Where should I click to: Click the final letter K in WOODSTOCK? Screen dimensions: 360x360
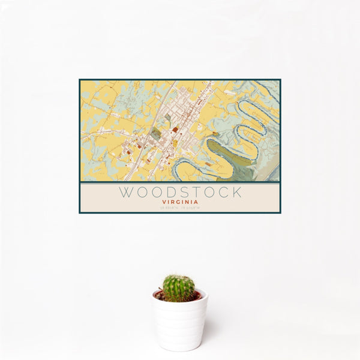coord(237,193)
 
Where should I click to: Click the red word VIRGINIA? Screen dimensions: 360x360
coord(180,202)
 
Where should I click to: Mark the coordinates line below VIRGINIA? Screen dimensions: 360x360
coord(180,208)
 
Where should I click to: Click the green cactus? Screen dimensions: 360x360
coord(179,288)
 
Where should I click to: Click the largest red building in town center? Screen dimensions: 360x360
coord(175,129)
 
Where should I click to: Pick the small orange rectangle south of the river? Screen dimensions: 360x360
coord(208,163)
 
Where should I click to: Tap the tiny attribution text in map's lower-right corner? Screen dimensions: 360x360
coord(274,179)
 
